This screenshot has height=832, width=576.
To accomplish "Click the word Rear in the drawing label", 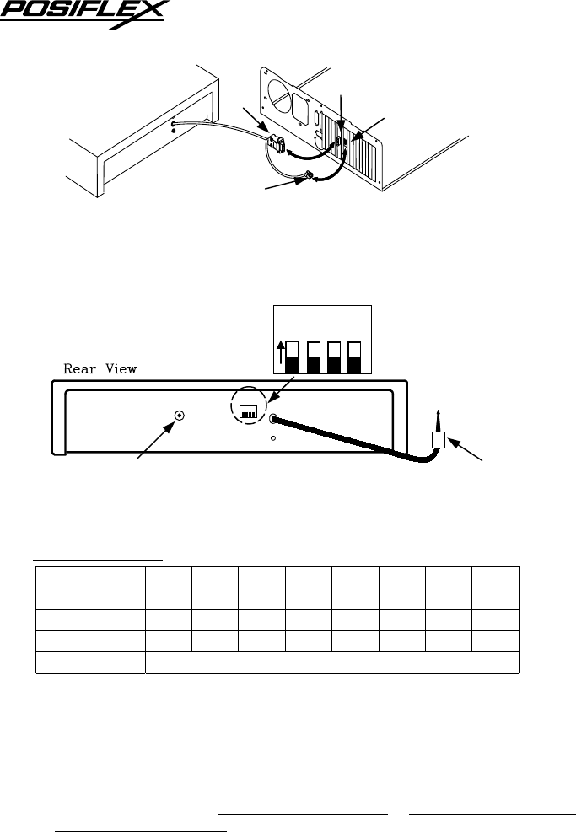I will click(x=83, y=368).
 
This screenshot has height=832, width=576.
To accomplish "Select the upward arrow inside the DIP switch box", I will click(x=282, y=354).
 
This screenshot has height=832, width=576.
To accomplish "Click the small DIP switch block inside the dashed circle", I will click(x=249, y=411).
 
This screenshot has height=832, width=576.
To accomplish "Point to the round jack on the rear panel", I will click(x=179, y=416).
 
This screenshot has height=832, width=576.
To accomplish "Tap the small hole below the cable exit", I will click(x=273, y=438).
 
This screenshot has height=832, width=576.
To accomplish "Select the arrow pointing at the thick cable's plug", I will click(x=467, y=451).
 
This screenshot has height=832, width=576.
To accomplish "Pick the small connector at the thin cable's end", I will click(x=309, y=176).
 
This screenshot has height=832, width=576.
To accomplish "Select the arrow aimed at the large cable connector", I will click(x=254, y=118).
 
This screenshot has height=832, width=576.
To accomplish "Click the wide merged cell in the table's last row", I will click(x=331, y=662).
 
